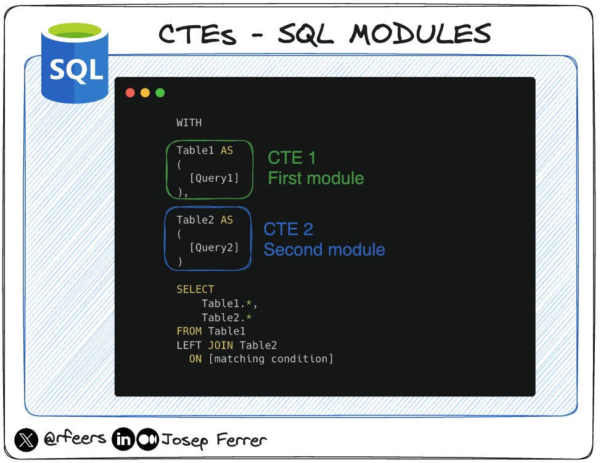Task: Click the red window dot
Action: point(130,93)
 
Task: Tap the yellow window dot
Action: point(145,93)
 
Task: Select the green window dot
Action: point(160,93)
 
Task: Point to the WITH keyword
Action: point(189,123)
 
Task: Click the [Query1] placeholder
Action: point(214,179)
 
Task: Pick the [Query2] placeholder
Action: point(214,248)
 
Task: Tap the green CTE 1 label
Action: point(292,158)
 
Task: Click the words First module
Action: point(316,179)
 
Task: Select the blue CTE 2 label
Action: point(288,229)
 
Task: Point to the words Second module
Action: point(324,249)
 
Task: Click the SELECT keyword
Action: point(195,289)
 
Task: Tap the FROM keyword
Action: point(189,331)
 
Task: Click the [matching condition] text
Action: point(271,359)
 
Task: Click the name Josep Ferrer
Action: point(214,441)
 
